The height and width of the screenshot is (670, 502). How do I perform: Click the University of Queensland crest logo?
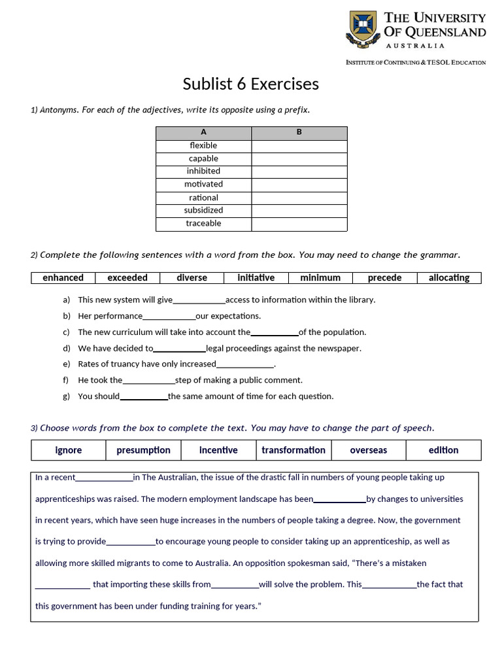tap(364, 29)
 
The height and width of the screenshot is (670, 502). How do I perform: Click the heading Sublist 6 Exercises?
tap(251, 84)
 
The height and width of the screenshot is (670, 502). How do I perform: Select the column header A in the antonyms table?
tap(203, 132)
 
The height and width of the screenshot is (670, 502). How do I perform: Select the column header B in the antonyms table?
tap(299, 132)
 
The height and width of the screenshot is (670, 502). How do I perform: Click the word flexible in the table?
tap(203, 145)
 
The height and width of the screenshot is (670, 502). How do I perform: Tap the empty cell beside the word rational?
tap(299, 198)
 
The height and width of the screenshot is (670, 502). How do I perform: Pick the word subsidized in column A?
tap(203, 210)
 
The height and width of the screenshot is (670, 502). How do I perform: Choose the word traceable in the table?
tap(203, 223)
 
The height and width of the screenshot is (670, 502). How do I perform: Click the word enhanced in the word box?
tap(63, 277)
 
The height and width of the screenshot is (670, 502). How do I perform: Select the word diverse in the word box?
tap(192, 277)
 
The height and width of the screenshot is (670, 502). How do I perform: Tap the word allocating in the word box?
tap(449, 277)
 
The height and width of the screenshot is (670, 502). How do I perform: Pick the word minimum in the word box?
tap(320, 277)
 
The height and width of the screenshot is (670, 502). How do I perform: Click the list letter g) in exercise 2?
tap(66, 396)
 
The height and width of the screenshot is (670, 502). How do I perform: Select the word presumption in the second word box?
tap(143, 450)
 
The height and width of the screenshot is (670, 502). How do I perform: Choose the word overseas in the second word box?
tap(369, 450)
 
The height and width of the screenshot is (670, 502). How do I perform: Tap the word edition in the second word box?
tap(444, 450)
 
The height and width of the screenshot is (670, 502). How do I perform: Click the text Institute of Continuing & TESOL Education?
tap(416, 63)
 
